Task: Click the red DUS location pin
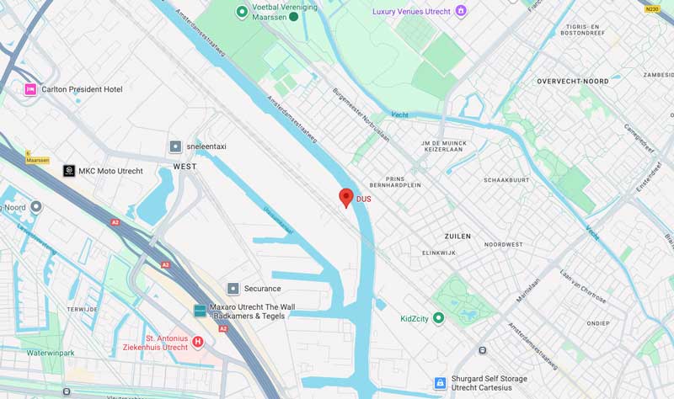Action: coord(345,198)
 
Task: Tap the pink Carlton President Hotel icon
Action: coord(30,89)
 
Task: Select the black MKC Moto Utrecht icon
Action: coord(69,171)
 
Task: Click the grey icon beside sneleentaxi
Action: coord(175,146)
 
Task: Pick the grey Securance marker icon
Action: coord(233,289)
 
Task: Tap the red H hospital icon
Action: coord(198,342)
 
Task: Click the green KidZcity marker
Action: coord(438,319)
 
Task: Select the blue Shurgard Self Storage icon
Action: coord(439,383)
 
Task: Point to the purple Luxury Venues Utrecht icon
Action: coord(460,11)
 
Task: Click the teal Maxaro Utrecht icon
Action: coord(200,311)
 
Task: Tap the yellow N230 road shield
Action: coord(651,9)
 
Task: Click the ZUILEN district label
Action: coord(457,237)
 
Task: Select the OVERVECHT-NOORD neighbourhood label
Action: coord(574,81)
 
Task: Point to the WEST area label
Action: coord(185,167)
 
